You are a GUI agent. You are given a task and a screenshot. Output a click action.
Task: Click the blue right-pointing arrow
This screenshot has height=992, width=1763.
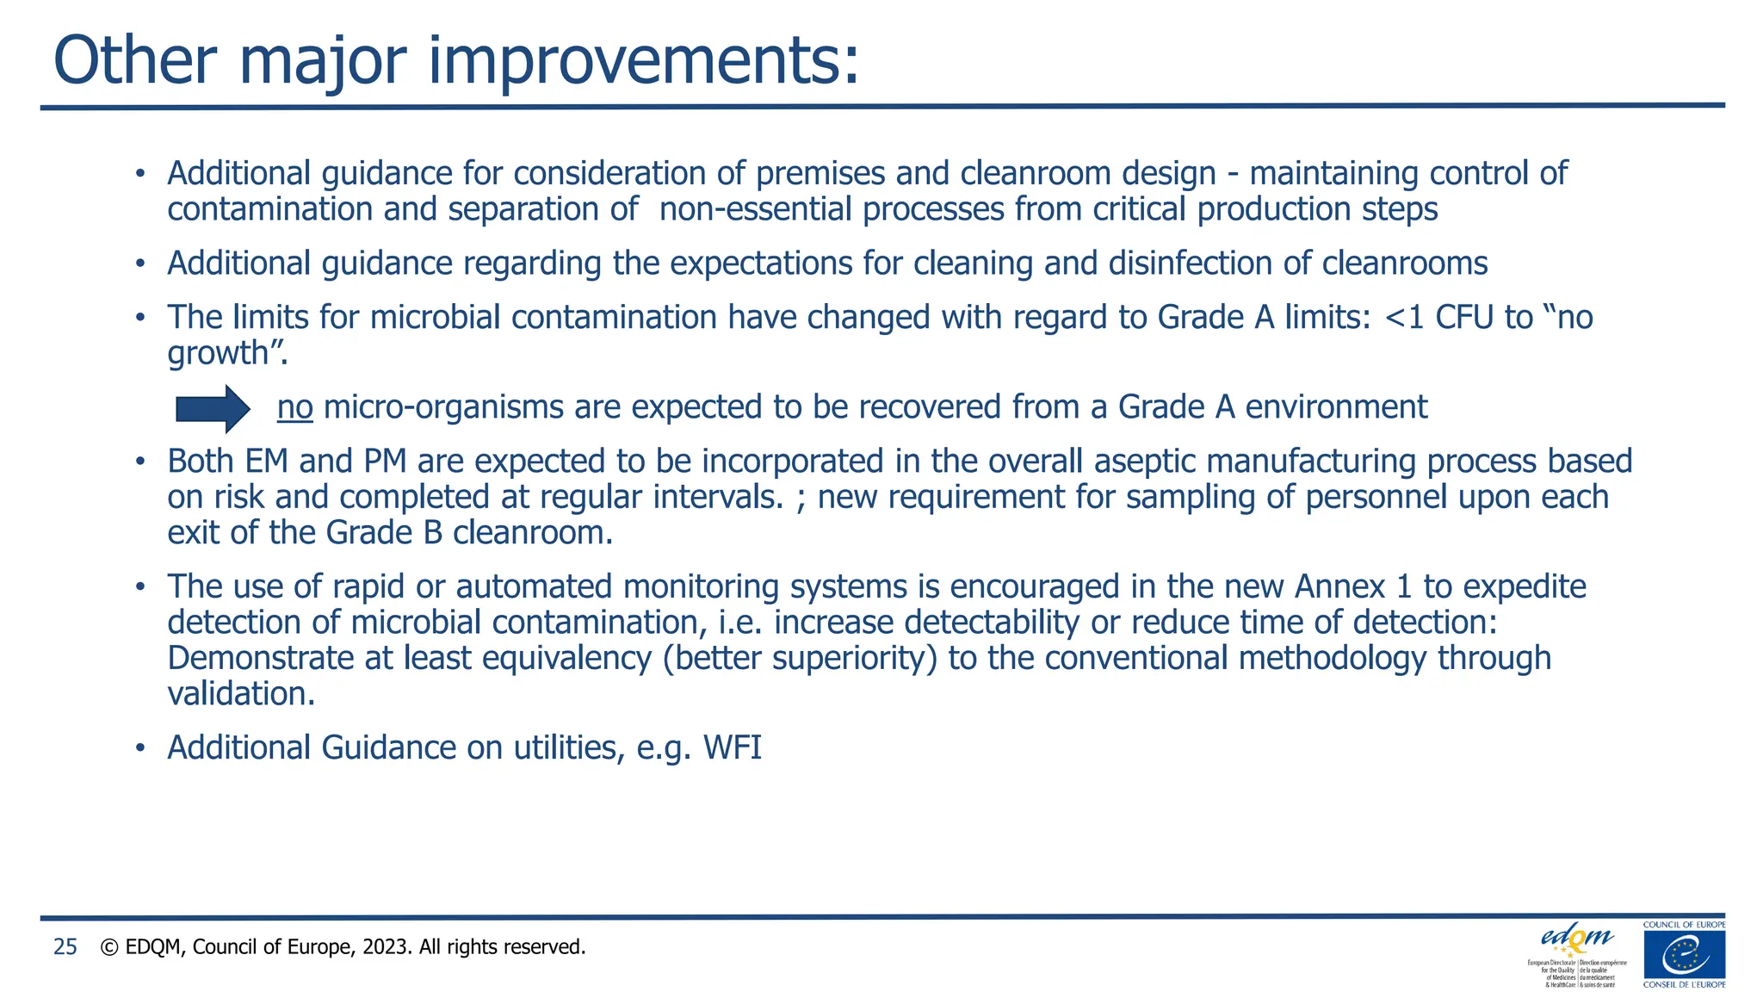click(x=213, y=408)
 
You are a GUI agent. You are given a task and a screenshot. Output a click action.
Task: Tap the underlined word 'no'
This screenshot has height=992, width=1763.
click(x=294, y=407)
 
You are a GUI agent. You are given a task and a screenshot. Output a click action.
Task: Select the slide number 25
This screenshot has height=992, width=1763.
click(x=65, y=947)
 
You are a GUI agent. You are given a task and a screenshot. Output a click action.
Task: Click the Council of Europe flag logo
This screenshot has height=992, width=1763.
click(x=1684, y=955)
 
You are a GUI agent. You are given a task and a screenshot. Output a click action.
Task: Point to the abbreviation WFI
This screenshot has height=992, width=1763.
click(x=733, y=747)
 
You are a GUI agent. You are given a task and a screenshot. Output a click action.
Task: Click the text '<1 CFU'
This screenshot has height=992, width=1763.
click(x=1438, y=318)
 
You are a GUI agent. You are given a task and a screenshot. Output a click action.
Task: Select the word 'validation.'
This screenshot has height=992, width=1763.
click(x=241, y=694)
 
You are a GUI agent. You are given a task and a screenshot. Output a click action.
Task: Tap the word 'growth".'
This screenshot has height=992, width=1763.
click(x=227, y=354)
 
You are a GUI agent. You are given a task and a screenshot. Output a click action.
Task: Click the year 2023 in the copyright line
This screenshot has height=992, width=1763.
click(x=387, y=947)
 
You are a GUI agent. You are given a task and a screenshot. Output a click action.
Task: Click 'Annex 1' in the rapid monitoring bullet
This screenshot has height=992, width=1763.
click(x=1352, y=587)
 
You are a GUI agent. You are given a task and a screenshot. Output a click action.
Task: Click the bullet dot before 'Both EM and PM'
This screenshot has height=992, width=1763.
click(x=139, y=462)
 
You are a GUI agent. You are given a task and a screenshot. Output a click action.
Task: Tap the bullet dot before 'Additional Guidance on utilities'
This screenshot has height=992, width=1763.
click(x=139, y=748)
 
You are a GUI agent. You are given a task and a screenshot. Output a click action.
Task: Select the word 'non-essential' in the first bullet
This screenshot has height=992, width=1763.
click(x=755, y=210)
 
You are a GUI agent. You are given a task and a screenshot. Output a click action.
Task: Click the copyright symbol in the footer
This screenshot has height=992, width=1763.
click(x=109, y=947)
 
